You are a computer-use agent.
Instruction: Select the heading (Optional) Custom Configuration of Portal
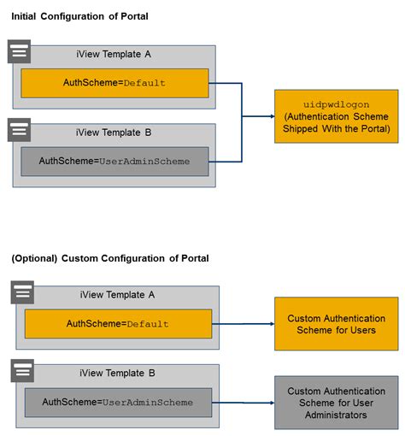(109, 258)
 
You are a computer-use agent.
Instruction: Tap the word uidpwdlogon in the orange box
(335, 103)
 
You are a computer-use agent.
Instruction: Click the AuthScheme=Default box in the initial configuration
(114, 83)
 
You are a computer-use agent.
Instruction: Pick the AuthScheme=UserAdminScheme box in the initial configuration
(114, 161)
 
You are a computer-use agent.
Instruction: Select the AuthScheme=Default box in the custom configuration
(118, 324)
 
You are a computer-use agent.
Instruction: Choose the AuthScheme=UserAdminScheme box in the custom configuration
(118, 402)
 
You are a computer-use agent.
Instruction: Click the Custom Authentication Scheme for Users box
(336, 324)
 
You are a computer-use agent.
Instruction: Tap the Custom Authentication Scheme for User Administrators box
(336, 402)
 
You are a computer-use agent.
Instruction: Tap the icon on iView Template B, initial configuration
(19, 130)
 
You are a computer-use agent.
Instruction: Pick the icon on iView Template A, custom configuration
(23, 292)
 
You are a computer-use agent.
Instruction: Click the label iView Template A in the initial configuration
(114, 56)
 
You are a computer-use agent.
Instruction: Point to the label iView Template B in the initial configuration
(114, 133)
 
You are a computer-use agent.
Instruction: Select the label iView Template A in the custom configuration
(117, 296)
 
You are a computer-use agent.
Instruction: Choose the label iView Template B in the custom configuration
(117, 374)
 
